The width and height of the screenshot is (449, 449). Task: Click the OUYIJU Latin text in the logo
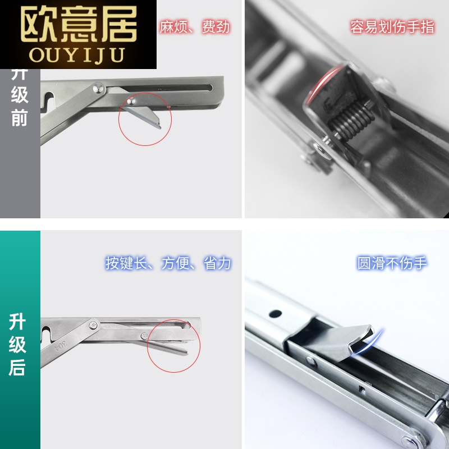79,54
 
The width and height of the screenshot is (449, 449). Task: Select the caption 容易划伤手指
392,27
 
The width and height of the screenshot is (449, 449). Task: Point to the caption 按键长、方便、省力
168,263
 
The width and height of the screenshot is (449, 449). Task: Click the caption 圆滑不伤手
392,263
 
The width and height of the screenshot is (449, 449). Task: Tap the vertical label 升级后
19,345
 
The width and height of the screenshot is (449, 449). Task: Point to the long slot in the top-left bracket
168,88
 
